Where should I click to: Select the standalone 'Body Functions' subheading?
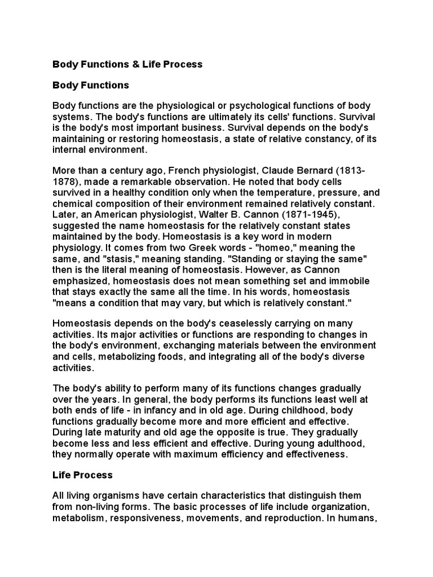coord(91,86)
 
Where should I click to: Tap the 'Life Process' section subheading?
coord(82,474)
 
